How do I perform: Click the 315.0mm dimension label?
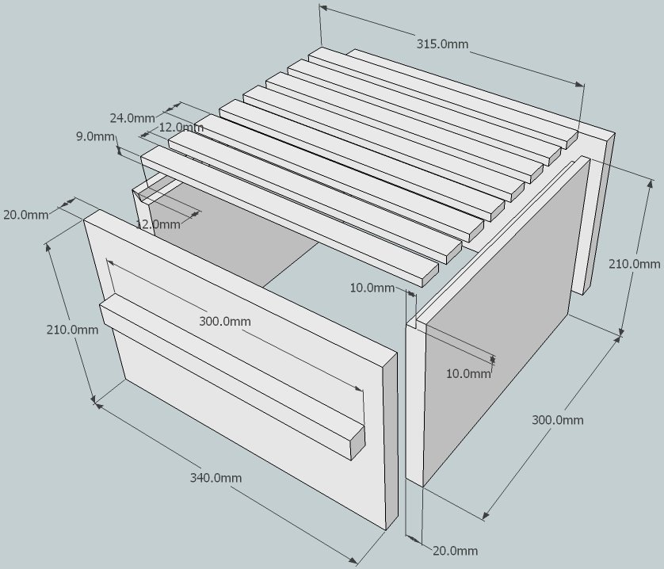(441, 44)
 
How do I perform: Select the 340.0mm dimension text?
(216, 477)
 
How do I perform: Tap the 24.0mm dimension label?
(132, 118)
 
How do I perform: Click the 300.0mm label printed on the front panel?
(224, 321)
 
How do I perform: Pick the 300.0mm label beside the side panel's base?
(557, 419)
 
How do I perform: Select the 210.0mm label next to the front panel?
(73, 329)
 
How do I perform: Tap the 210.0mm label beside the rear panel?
(634, 264)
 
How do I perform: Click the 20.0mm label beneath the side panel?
(455, 550)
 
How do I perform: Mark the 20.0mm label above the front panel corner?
(25, 215)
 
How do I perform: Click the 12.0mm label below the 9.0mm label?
(158, 224)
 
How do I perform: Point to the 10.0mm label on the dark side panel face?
(468, 373)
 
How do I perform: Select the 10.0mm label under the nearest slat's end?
(372, 288)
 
